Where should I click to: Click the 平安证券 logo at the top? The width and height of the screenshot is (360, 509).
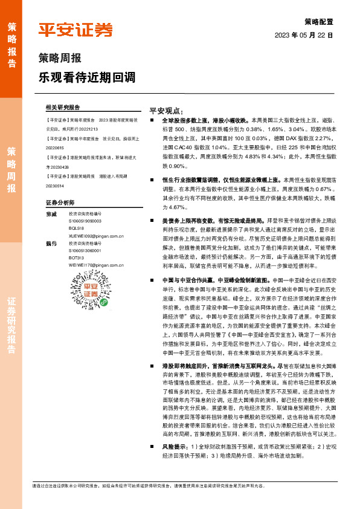[76, 30]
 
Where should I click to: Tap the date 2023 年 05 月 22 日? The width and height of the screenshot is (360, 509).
[304, 35]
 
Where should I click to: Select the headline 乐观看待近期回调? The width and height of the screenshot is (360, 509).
[86, 77]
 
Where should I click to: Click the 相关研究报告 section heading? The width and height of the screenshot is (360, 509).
[63, 107]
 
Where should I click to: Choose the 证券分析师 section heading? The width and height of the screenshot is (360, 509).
[60, 202]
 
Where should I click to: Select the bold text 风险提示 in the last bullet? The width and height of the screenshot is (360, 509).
[174, 446]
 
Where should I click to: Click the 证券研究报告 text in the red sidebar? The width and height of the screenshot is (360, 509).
[11, 326]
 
